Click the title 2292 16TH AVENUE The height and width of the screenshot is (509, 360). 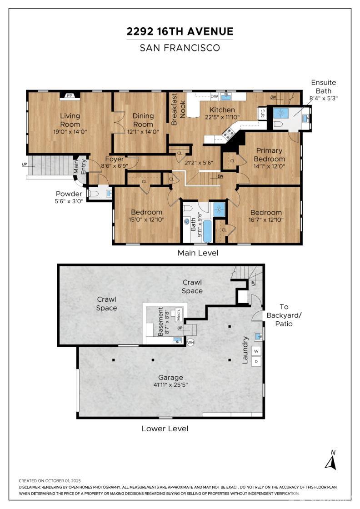[180, 31]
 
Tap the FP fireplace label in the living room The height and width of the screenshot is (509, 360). [70, 96]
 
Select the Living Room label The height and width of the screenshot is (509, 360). [70, 120]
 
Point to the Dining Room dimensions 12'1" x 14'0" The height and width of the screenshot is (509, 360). [143, 132]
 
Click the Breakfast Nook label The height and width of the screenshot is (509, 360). [179, 109]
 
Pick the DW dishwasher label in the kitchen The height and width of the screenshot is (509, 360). [214, 96]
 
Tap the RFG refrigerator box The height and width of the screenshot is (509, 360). [262, 113]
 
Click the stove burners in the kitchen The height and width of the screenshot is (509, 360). [228, 133]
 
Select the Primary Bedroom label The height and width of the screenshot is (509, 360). [269, 155]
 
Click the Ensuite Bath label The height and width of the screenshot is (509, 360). [323, 87]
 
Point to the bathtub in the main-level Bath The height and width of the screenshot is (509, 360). [207, 231]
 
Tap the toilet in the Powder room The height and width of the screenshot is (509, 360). [94, 194]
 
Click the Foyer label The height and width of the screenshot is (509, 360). [114, 159]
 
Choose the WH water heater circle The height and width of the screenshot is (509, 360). [190, 342]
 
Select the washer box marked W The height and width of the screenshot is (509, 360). [256, 351]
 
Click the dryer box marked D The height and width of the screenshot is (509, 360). [256, 361]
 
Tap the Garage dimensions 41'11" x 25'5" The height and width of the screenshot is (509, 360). [171, 385]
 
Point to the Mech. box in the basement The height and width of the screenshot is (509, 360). [178, 314]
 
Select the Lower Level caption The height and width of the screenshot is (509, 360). [165, 429]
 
